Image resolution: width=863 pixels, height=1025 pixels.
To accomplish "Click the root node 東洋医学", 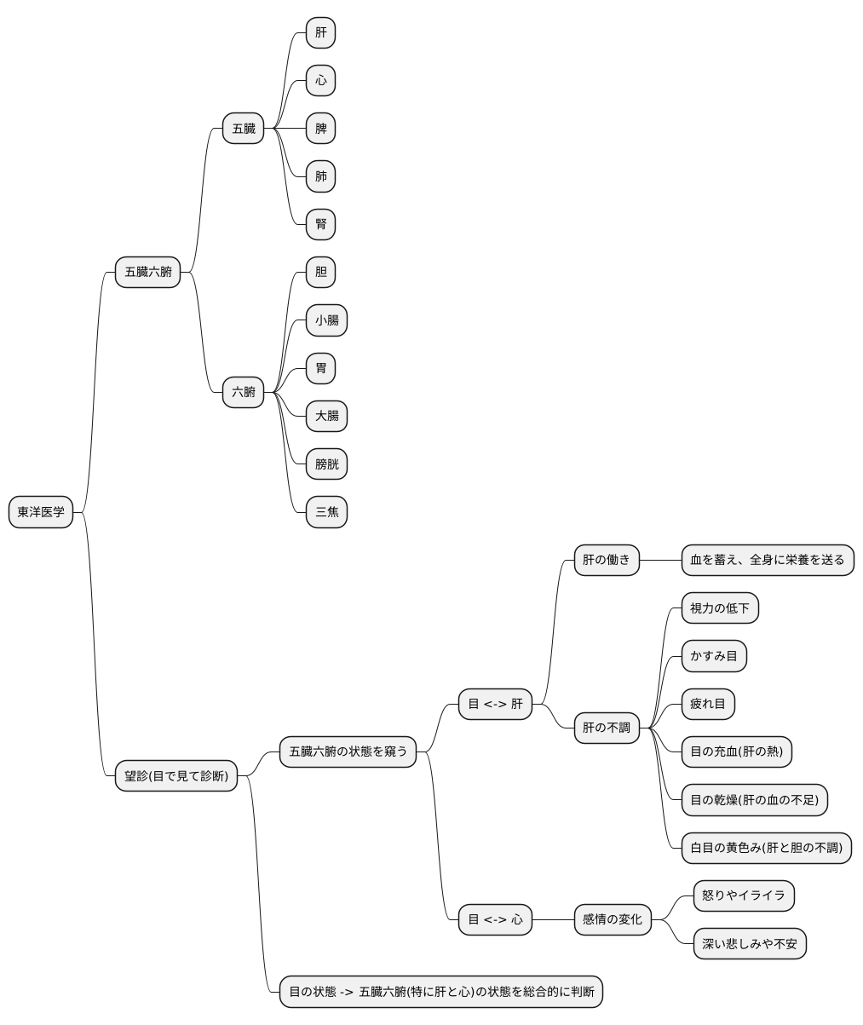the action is [x=41, y=511].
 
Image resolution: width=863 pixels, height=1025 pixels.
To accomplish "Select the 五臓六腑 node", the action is [x=147, y=272].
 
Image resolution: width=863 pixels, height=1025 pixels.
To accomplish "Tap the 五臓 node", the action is [x=243, y=128].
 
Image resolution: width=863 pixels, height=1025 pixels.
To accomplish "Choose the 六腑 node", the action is [x=243, y=392].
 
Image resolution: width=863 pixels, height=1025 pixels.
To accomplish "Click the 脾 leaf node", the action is [x=320, y=128].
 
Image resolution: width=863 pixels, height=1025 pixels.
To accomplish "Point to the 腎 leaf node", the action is [x=320, y=224].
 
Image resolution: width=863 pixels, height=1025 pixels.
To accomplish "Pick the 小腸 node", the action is [x=326, y=320].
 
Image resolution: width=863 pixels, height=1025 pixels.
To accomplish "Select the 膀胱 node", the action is [x=326, y=464].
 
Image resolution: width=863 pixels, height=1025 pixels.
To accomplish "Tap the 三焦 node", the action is [x=326, y=511].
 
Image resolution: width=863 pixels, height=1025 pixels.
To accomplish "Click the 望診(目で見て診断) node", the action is [x=176, y=775].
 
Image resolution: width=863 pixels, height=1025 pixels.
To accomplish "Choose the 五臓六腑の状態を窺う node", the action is [x=348, y=751].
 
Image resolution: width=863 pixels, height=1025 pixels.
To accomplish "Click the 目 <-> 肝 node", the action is [x=495, y=704].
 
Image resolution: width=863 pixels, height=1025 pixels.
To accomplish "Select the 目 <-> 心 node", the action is [x=495, y=919].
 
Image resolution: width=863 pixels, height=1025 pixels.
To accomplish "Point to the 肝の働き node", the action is [x=607, y=560].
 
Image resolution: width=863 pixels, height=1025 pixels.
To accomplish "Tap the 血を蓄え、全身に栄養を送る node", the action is [x=768, y=560].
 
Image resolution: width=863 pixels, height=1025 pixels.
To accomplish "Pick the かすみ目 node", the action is [x=714, y=656].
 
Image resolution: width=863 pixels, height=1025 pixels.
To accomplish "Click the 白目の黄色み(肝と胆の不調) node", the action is [x=767, y=848].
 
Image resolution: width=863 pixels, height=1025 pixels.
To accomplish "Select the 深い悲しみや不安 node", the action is [x=750, y=943].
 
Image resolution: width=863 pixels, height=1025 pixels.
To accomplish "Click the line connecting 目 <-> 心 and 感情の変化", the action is [x=553, y=919].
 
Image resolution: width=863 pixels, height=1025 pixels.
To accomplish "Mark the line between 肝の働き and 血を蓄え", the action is [x=660, y=560].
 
